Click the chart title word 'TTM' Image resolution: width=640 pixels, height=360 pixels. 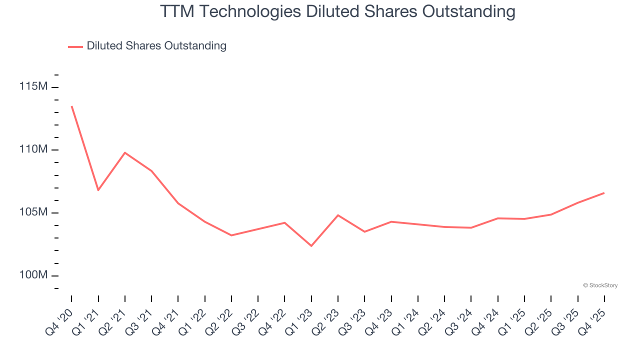point(177,11)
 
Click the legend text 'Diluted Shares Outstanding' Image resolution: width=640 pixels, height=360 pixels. point(156,46)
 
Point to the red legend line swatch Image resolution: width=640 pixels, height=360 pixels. point(75,46)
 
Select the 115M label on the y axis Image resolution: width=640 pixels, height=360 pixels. point(33,86)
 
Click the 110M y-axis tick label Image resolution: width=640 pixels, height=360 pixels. point(33,149)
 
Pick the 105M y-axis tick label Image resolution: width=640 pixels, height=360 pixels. point(33,212)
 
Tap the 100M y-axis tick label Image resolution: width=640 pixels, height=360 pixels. point(33,275)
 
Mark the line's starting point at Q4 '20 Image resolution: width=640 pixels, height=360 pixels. point(71,106)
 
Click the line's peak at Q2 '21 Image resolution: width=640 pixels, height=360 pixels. point(125,152)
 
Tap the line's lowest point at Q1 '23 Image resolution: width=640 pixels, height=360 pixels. point(311,246)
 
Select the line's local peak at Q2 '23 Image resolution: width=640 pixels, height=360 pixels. point(338,215)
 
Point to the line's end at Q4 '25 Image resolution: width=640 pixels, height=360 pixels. point(604,193)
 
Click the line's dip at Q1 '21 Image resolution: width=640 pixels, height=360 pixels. point(98,190)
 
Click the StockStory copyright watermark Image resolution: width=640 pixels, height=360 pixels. point(600,285)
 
